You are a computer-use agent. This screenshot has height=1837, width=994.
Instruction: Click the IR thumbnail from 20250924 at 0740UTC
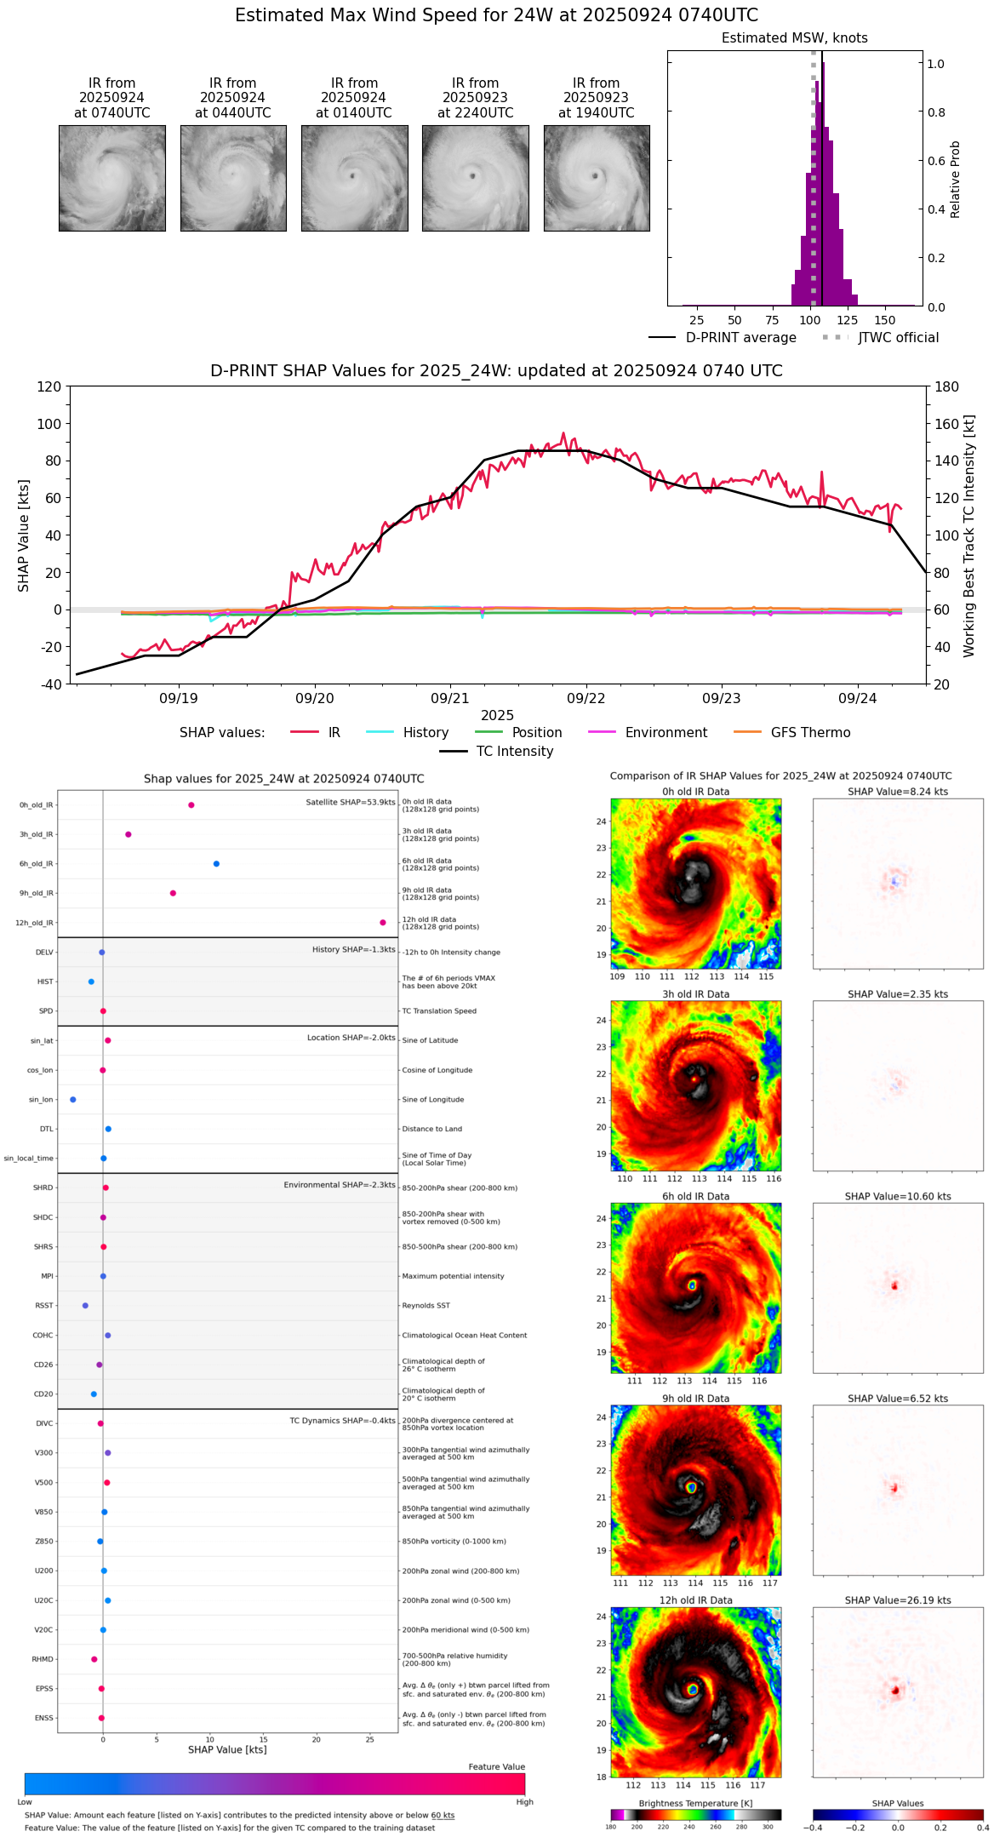pos(111,178)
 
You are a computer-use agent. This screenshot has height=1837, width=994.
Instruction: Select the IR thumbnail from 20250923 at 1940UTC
pos(597,178)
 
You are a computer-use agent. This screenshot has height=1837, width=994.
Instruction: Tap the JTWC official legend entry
pos(898,338)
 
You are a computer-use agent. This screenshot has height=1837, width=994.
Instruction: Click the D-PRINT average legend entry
pos(740,338)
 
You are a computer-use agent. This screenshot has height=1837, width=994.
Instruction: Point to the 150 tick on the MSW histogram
pos(885,321)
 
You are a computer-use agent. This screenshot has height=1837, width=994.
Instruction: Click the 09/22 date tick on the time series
pos(586,699)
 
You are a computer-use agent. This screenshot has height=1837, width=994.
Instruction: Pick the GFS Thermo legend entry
pos(810,733)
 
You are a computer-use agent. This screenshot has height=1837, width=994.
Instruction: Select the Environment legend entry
pos(666,733)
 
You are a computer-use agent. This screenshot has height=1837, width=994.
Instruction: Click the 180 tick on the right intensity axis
pos(947,387)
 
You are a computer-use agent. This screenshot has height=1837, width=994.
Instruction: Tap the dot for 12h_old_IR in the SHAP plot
pos(383,923)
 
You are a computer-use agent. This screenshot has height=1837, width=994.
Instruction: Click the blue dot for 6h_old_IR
pos(216,864)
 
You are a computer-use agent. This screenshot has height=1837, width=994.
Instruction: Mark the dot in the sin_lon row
pos(73,1100)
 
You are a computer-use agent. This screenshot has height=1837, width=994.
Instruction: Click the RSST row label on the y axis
pos(44,1306)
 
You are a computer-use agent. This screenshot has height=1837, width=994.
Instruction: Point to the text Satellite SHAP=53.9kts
pos(351,803)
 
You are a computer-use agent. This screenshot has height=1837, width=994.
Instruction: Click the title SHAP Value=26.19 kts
pos(898,1600)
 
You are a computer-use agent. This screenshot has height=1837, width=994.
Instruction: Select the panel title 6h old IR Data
pos(695,1196)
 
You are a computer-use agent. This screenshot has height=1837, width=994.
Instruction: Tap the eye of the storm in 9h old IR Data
pos(692,1487)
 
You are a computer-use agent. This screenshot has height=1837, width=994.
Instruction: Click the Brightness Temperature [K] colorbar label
pos(695,1803)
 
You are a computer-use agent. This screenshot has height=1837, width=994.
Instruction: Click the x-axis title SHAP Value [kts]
pos(227,1749)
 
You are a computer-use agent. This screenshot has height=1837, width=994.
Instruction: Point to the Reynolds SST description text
pos(426,1306)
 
